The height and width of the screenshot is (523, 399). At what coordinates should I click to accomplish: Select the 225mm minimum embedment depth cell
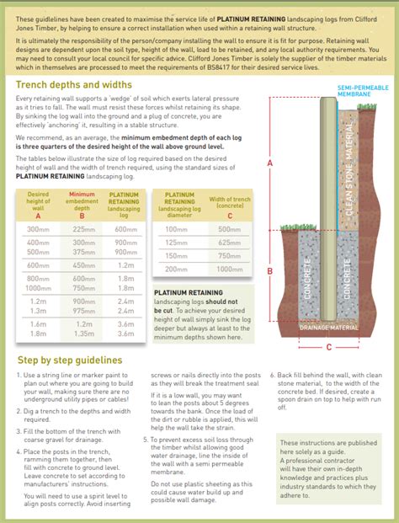(83, 229)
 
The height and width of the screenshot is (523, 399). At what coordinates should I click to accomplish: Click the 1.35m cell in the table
(83, 333)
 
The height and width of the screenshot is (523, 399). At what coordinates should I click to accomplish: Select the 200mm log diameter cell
(177, 269)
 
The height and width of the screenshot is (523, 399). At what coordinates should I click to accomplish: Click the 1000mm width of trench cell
(229, 269)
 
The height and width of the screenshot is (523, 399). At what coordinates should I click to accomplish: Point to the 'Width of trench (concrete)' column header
(229, 202)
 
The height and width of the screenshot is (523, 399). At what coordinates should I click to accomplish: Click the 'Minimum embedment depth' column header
(83, 202)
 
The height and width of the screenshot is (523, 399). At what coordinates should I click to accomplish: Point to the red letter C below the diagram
(329, 346)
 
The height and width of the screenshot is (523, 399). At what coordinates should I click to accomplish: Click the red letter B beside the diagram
(269, 270)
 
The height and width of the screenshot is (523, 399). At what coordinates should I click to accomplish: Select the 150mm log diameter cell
(177, 256)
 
